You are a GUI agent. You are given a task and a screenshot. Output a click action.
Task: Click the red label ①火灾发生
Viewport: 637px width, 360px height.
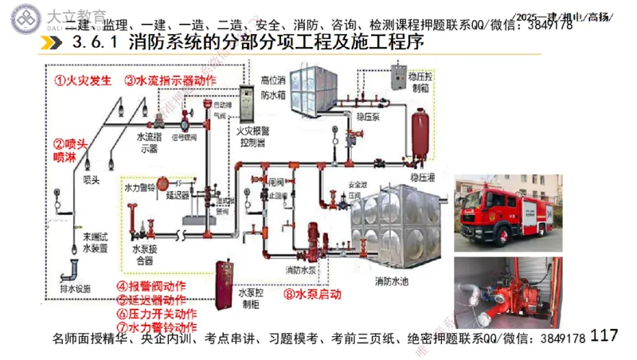pyautogui.click(x=83, y=80)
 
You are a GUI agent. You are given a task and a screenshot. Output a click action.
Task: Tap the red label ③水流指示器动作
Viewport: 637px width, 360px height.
pyautogui.click(x=170, y=80)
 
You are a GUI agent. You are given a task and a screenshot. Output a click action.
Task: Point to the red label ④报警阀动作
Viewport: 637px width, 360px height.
pyautogui.click(x=151, y=286)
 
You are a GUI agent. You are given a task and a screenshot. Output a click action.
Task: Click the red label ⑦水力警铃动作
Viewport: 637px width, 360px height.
pyautogui.click(x=156, y=326)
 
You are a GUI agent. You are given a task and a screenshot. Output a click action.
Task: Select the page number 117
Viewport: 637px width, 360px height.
pyautogui.click(x=606, y=336)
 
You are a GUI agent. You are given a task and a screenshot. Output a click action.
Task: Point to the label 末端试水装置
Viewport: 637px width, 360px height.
pyautogui.click(x=95, y=243)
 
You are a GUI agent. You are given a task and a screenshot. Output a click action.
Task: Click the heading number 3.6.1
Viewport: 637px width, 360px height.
pyautogui.click(x=92, y=41)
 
